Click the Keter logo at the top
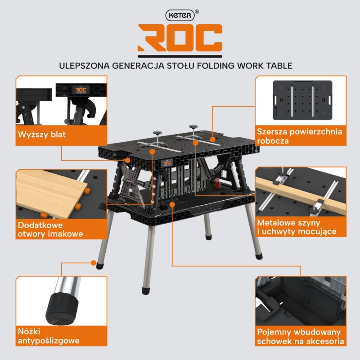pos(180,15)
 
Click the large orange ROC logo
pos(180,38)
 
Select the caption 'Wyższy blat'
pos(42,134)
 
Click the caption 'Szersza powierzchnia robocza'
pos(299,136)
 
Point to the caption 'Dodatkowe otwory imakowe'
pos(50,229)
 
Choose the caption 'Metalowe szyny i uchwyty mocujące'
pos(297,227)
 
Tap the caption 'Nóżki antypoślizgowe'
pos(49,336)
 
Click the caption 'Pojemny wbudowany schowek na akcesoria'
pos(300,337)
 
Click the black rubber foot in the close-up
pos(62,308)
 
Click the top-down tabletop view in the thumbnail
pos(302,100)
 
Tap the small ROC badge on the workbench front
pos(166,163)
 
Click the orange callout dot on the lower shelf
pos(172,204)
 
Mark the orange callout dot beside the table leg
pos(94,263)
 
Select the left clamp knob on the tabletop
pos(158,133)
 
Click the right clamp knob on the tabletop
pos(193,126)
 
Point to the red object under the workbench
pos(216,181)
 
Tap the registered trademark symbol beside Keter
pos(197,12)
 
